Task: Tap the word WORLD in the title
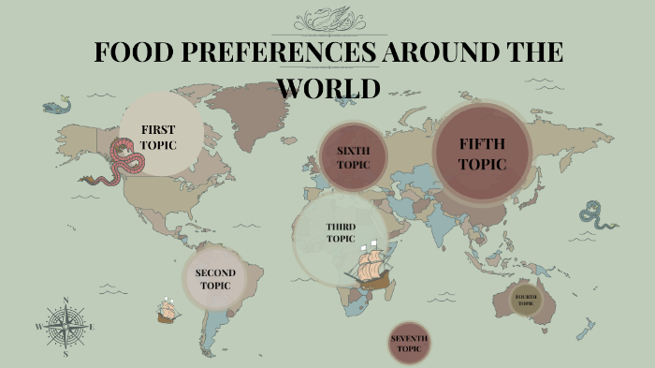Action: [x=328, y=87]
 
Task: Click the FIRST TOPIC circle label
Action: [x=158, y=137]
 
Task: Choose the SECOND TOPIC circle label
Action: [x=215, y=278]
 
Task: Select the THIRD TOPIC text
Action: [x=340, y=232]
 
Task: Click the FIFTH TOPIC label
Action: [x=482, y=153]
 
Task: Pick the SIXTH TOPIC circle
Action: [x=354, y=156]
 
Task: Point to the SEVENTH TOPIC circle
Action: [x=409, y=344]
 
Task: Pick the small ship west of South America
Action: [x=168, y=310]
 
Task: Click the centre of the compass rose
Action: [x=65, y=327]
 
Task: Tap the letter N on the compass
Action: [x=65, y=301]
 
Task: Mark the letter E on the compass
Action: [x=92, y=327]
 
